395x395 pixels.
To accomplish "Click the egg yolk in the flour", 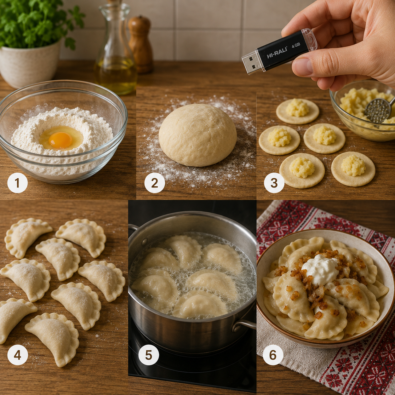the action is (x=60, y=140).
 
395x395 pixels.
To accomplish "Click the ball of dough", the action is (x=197, y=135).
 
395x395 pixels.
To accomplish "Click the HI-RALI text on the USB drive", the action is (x=277, y=54).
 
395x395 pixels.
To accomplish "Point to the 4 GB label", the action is (x=296, y=45).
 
